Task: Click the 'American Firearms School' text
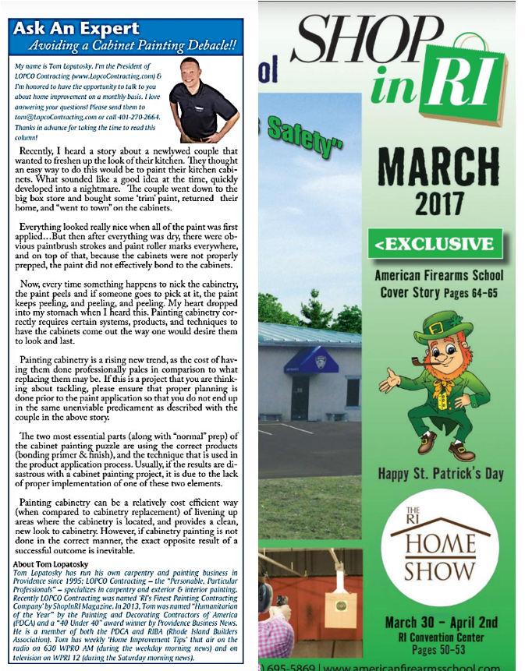[x=438, y=276]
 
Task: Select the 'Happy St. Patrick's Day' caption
[x=440, y=473]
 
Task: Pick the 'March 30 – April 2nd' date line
[x=441, y=622]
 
